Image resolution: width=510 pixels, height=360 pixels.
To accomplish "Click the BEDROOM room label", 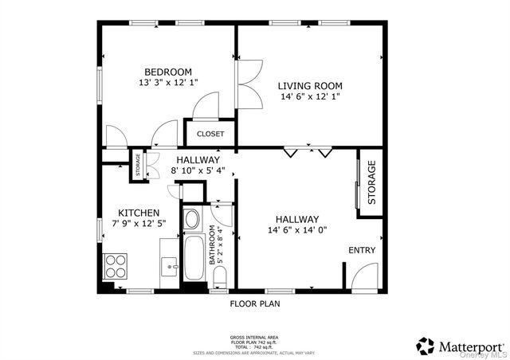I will point(168,72).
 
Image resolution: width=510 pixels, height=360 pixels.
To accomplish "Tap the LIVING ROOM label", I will point(310,86).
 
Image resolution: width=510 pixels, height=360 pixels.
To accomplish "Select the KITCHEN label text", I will point(139,213).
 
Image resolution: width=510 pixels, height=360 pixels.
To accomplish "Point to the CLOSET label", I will point(210,134).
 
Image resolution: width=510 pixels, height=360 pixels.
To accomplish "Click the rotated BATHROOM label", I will point(213,245).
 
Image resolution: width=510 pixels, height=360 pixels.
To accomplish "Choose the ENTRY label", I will point(362,251).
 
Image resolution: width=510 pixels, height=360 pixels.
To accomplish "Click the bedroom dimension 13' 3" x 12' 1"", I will point(168,83).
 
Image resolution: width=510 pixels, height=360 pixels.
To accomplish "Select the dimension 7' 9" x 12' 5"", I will point(139,225).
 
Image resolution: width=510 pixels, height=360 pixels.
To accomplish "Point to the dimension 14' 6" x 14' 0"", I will point(297,231).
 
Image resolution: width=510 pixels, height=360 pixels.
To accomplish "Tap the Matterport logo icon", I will point(426,346).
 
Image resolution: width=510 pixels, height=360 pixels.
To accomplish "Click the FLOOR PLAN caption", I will point(255,303).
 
